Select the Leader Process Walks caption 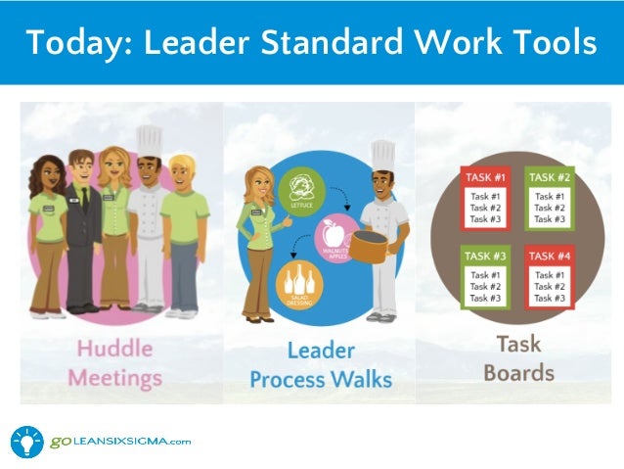coord(320,364)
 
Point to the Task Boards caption coord(517,358)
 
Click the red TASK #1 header coord(485,178)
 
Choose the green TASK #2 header coord(551,178)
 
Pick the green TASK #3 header coord(485,257)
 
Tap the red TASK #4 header coord(551,257)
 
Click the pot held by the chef coord(370,244)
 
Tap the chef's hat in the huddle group coord(150,141)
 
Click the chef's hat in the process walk coord(382,155)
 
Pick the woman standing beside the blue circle coord(257,240)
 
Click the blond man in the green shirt coord(184,235)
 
